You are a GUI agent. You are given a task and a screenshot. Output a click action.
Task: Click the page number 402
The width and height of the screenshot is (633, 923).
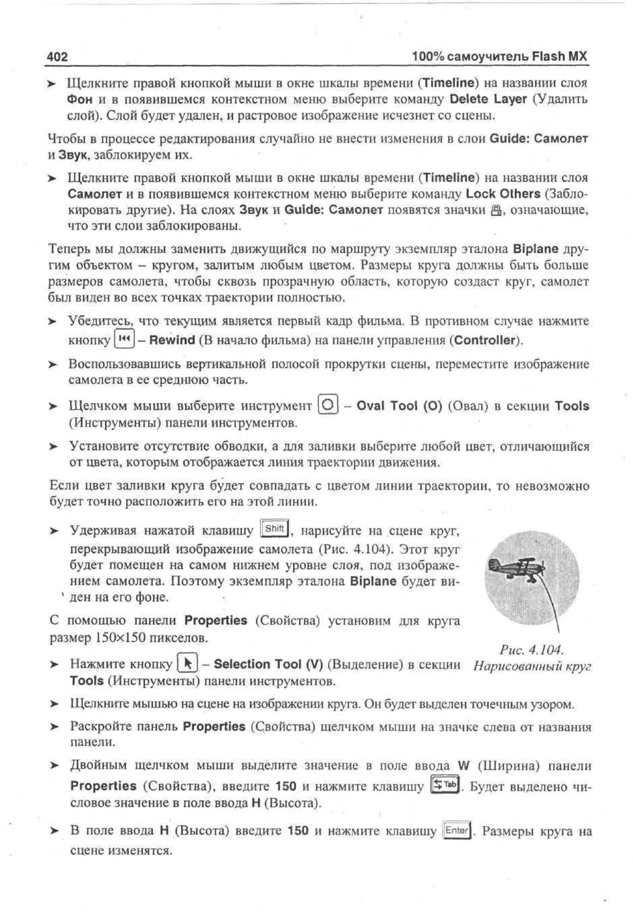click(x=57, y=57)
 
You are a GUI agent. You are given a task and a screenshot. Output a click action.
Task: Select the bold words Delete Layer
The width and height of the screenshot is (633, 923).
click(x=488, y=99)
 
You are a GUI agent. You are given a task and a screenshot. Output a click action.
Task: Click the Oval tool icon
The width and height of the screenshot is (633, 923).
click(x=328, y=405)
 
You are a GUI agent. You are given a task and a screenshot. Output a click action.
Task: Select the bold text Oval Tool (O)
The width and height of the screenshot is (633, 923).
click(x=399, y=406)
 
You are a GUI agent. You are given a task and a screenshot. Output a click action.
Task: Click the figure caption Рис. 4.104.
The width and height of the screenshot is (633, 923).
click(x=531, y=650)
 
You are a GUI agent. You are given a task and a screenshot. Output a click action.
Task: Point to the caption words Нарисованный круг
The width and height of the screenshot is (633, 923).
click(x=532, y=666)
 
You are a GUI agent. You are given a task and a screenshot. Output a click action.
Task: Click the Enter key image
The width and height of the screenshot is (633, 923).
click(x=457, y=830)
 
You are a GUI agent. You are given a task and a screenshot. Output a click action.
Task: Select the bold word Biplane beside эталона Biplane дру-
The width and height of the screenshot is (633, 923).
click(x=535, y=249)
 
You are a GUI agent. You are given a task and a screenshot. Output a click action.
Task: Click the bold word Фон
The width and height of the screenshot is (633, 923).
click(x=79, y=99)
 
